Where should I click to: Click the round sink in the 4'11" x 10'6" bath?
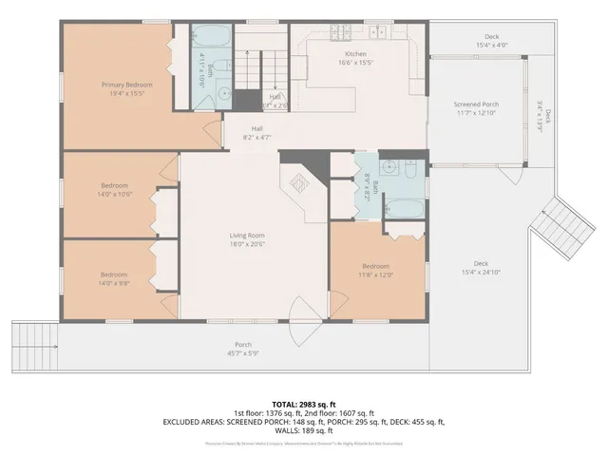[x=222, y=93]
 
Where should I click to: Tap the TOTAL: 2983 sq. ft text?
[x=304, y=404]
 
